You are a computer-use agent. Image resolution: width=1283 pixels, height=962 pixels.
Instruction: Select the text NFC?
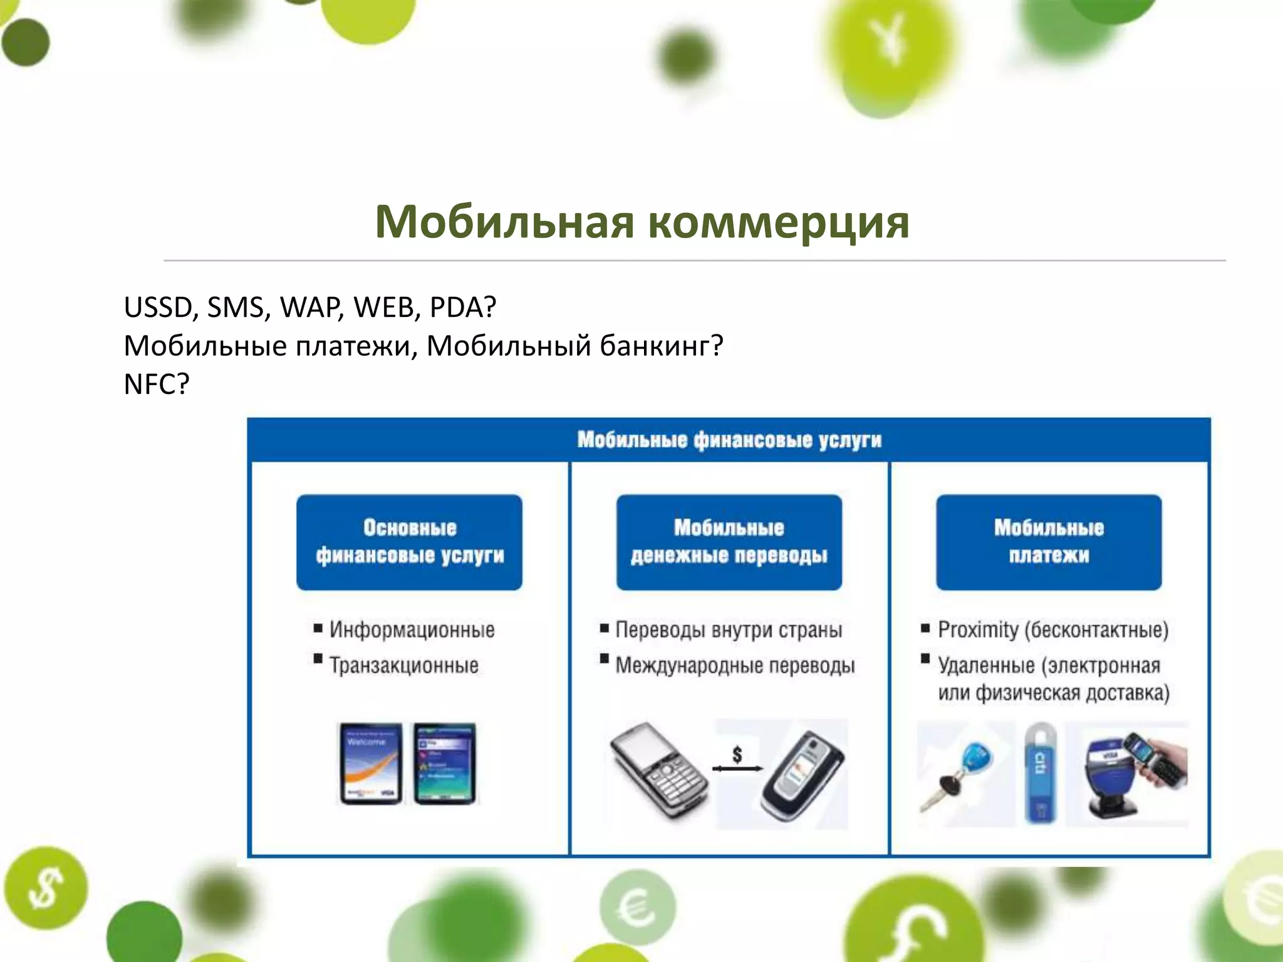point(156,384)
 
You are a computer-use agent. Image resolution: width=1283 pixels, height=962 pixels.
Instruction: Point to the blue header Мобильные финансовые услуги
point(729,440)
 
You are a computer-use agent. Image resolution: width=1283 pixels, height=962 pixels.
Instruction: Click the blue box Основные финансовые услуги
point(409,542)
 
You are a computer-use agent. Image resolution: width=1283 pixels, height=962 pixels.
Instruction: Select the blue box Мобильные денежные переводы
point(729,542)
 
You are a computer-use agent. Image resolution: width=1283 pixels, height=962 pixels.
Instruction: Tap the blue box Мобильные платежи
point(1049,542)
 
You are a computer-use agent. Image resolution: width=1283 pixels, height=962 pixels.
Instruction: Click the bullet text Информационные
point(412,629)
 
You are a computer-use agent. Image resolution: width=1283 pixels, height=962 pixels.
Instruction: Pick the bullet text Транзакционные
point(404,665)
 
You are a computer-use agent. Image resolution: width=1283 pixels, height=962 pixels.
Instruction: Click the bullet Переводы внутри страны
point(729,629)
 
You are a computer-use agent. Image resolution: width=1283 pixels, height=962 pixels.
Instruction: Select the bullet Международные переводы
point(734,665)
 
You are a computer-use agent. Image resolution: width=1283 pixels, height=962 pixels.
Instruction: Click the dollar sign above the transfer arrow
point(737,754)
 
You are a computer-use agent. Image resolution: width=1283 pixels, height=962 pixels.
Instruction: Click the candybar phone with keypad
point(658,770)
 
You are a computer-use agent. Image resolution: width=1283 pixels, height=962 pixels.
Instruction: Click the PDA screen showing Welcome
point(370,763)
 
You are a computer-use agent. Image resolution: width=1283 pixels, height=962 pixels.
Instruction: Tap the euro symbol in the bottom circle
point(637,908)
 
